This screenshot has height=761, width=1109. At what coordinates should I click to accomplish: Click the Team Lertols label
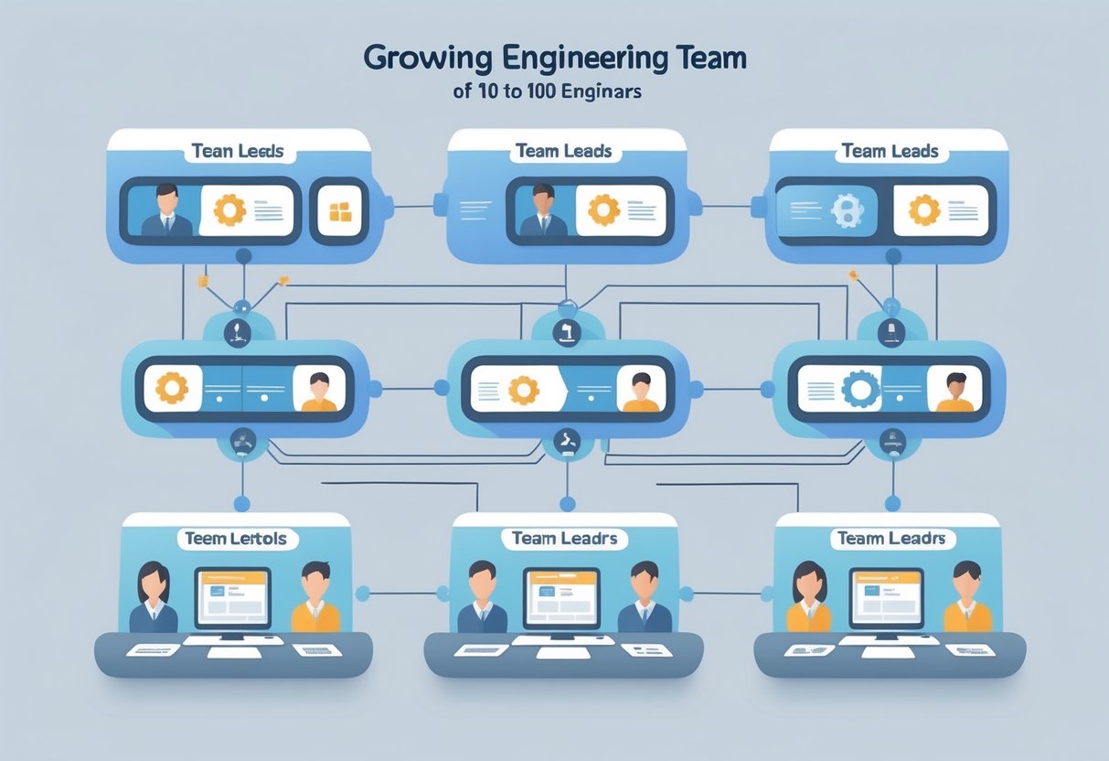click(x=236, y=539)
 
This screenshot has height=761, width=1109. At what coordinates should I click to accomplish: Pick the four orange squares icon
click(x=339, y=212)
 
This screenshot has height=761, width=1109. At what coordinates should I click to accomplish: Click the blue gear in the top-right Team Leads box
click(x=846, y=210)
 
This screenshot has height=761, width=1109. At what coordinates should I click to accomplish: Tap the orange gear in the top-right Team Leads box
click(x=924, y=210)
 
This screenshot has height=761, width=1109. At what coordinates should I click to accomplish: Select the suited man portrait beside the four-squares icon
click(x=166, y=211)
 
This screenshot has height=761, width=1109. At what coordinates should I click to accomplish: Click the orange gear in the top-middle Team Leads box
click(x=603, y=210)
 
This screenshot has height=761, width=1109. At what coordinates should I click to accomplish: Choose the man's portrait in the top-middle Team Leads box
click(x=542, y=211)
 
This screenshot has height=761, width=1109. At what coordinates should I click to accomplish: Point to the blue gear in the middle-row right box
click(x=859, y=389)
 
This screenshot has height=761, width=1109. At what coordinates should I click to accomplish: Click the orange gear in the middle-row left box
click(x=171, y=388)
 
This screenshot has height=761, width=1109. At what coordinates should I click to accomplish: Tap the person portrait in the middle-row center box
click(x=641, y=391)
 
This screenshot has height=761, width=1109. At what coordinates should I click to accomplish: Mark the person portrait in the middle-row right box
click(x=955, y=391)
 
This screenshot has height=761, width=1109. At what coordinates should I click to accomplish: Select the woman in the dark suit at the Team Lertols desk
click(x=154, y=599)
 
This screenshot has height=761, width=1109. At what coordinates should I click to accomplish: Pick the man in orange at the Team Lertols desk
click(x=315, y=598)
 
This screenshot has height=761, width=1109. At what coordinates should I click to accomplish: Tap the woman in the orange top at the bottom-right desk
click(x=809, y=598)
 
